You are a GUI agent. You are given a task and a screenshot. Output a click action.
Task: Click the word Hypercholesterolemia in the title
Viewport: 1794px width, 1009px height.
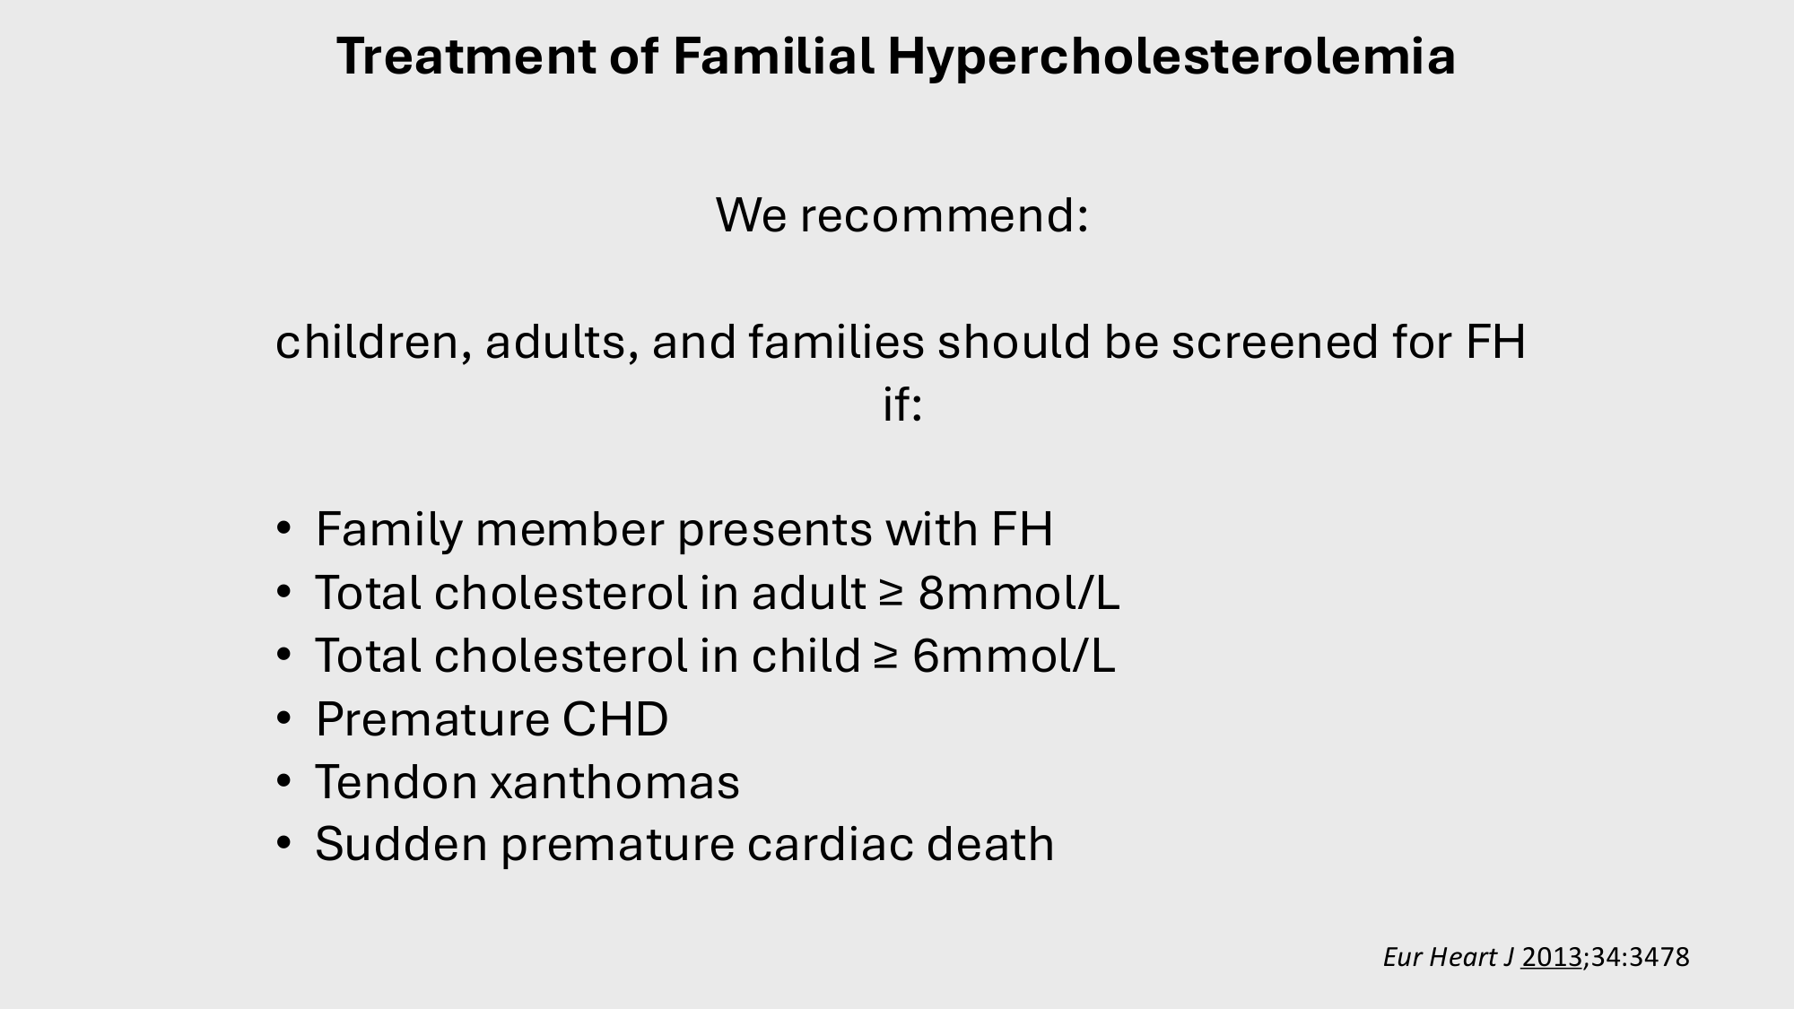1171,57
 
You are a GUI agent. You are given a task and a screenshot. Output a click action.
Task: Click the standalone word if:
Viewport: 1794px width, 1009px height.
902,404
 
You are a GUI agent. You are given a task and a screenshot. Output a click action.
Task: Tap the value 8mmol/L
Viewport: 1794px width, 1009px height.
1019,593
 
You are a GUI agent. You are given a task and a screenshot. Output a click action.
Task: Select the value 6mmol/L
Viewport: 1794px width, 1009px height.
1014,656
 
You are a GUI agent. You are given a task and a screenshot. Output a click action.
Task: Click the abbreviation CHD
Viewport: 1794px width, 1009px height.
615,719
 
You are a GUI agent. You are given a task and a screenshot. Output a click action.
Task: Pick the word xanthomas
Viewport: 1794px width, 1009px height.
614,782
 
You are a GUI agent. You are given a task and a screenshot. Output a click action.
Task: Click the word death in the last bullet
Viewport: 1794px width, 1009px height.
990,844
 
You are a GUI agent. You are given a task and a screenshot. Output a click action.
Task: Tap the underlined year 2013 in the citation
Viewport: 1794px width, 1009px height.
1552,957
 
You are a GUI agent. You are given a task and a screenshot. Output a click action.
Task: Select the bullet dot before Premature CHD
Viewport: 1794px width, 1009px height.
284,719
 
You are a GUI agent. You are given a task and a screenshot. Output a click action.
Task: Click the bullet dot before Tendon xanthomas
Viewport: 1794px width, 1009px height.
284,782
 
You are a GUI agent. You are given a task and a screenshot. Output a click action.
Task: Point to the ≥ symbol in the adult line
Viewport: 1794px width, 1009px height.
890,595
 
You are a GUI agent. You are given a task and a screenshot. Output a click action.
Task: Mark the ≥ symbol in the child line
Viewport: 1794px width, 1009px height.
884,657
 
